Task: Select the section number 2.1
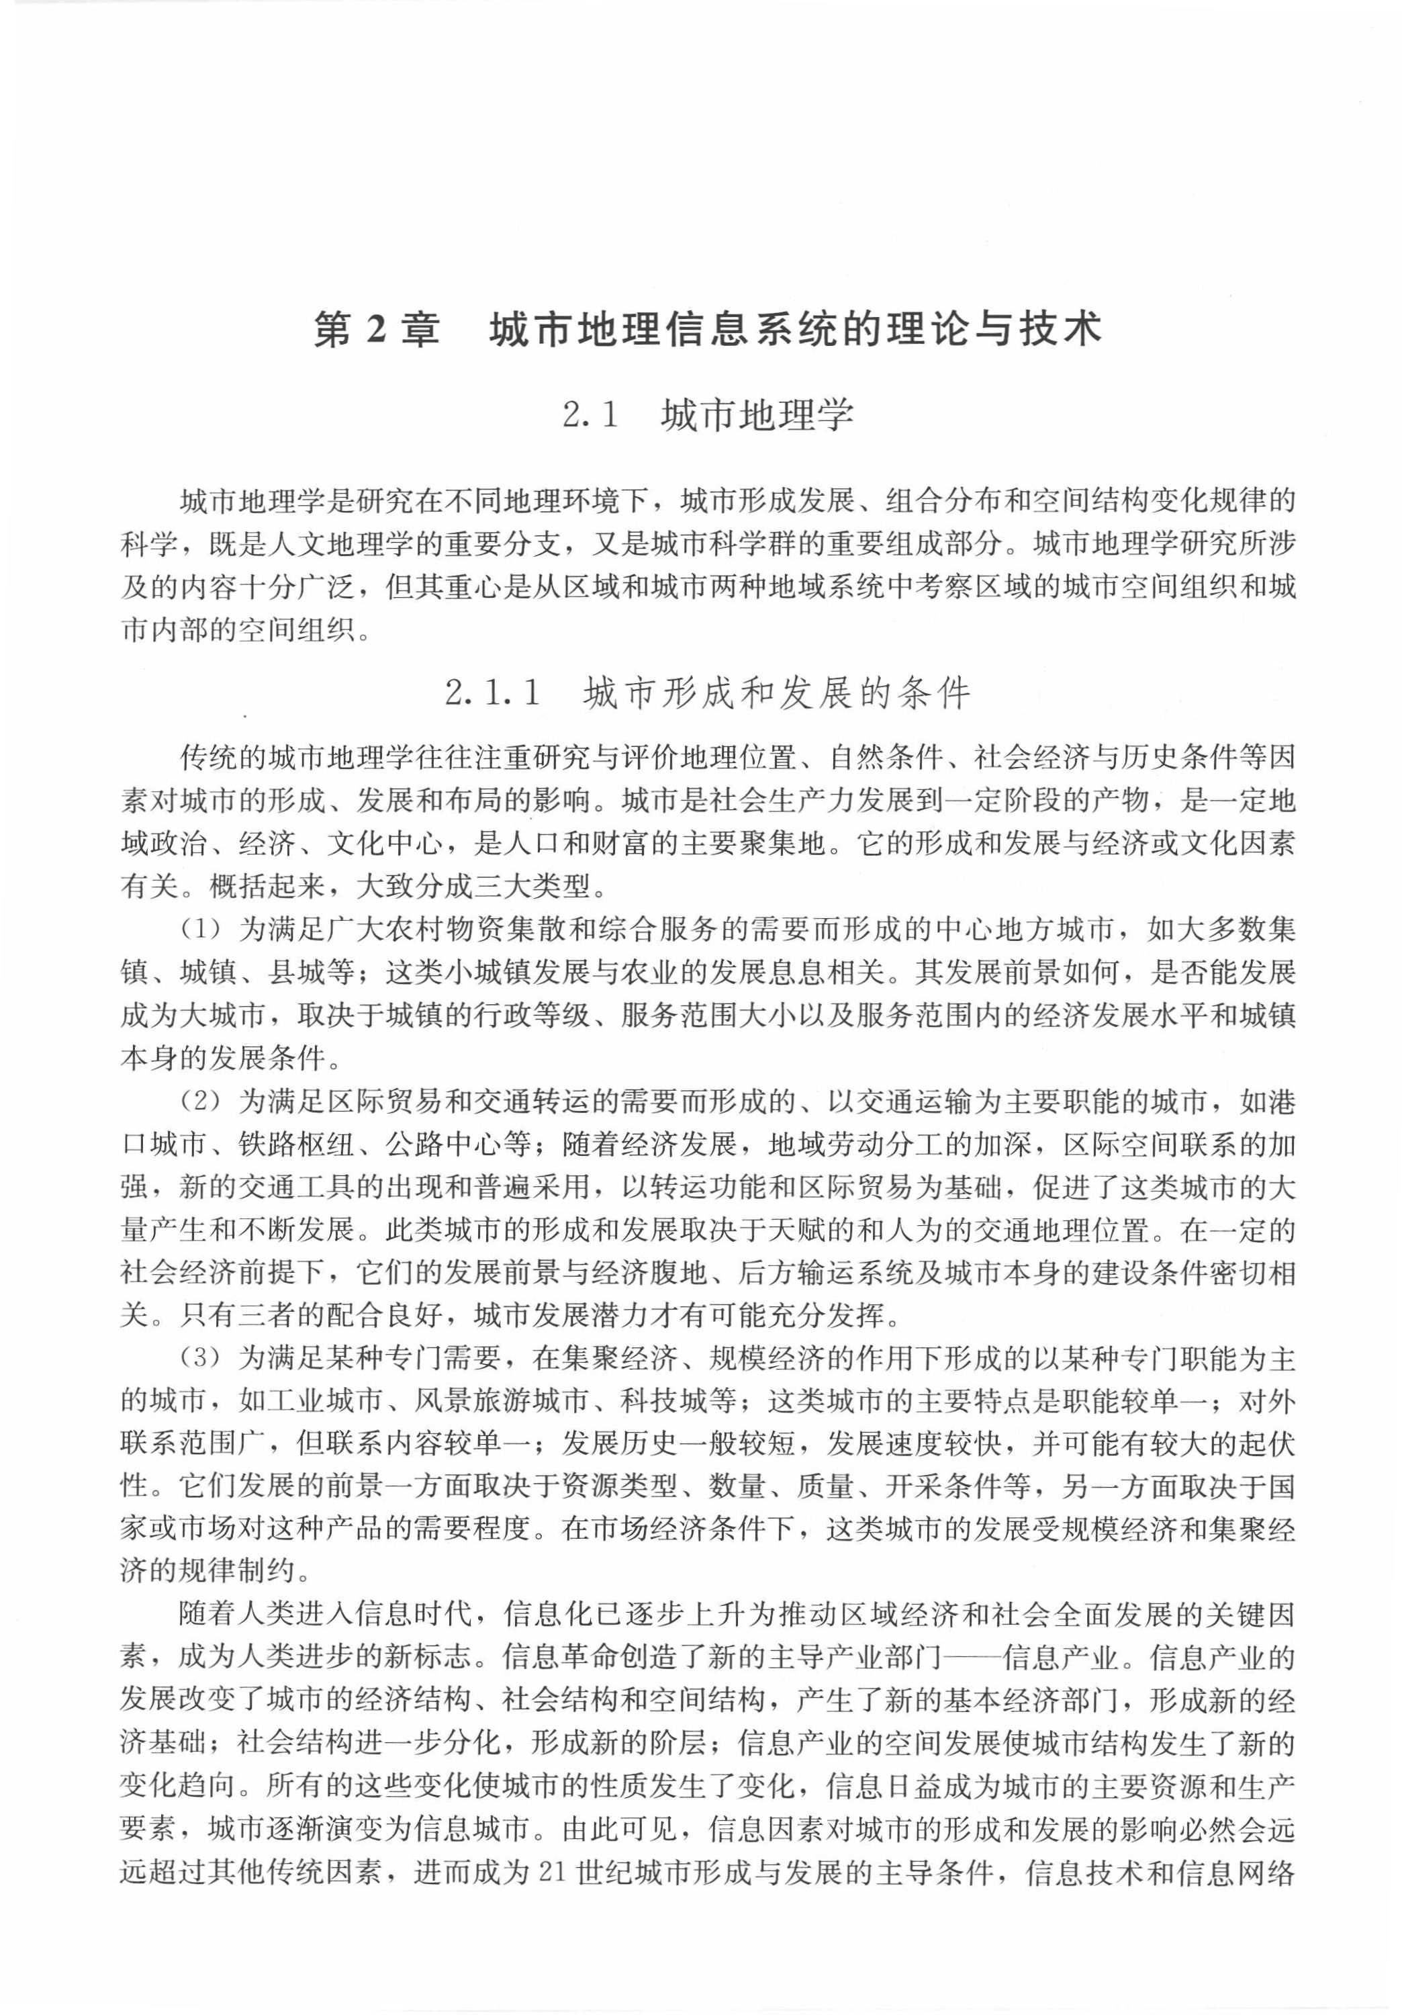590,415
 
